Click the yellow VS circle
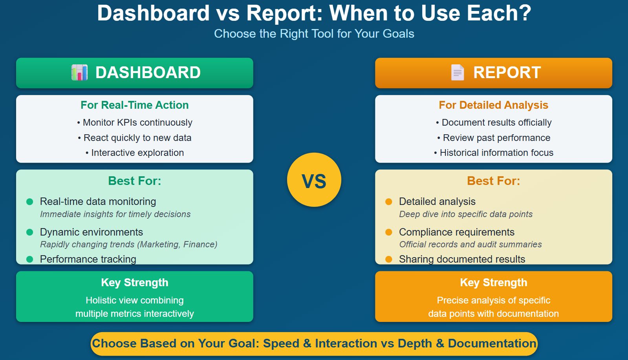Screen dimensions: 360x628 click(x=314, y=180)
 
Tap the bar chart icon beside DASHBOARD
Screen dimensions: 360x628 click(x=79, y=73)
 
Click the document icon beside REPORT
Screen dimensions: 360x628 click(x=457, y=73)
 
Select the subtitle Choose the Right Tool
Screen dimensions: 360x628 click(x=314, y=34)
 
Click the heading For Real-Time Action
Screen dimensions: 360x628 click(x=134, y=105)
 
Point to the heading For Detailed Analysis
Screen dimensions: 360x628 click(x=493, y=105)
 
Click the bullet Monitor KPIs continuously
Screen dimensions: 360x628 click(x=135, y=122)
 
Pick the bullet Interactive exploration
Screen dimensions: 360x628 click(x=135, y=153)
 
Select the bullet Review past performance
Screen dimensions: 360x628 click(x=494, y=138)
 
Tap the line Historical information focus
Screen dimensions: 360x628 click(x=494, y=153)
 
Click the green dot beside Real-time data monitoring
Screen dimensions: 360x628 click(x=29, y=202)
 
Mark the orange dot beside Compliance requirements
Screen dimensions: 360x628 click(x=389, y=232)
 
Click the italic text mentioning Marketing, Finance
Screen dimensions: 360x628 click(x=128, y=245)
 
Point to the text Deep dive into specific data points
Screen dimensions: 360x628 click(x=466, y=214)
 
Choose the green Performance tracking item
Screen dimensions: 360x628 click(x=88, y=259)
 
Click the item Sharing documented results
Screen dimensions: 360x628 click(x=462, y=259)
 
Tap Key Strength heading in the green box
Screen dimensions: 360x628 click(x=134, y=283)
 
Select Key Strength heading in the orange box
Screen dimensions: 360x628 click(x=493, y=283)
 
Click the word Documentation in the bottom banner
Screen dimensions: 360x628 click(x=492, y=344)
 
